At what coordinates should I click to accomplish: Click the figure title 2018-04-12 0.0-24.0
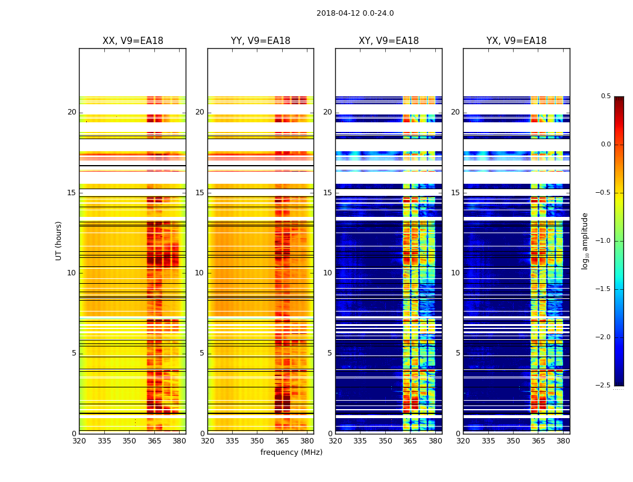point(355,13)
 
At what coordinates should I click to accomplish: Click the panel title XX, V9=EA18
point(133,41)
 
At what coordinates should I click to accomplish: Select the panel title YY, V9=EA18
point(260,41)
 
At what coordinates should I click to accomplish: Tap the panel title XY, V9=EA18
point(389,41)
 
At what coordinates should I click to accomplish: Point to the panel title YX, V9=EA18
point(517,41)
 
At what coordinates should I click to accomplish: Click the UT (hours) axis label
point(59,240)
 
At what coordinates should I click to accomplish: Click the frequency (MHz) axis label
point(291,452)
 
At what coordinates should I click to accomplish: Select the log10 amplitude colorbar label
point(585,240)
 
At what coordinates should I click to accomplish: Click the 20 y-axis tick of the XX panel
point(72,112)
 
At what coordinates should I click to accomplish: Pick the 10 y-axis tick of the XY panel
point(327,273)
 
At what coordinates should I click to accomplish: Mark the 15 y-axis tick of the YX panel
point(455,193)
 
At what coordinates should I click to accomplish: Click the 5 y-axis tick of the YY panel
point(202,353)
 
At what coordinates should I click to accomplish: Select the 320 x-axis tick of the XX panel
point(79,441)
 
